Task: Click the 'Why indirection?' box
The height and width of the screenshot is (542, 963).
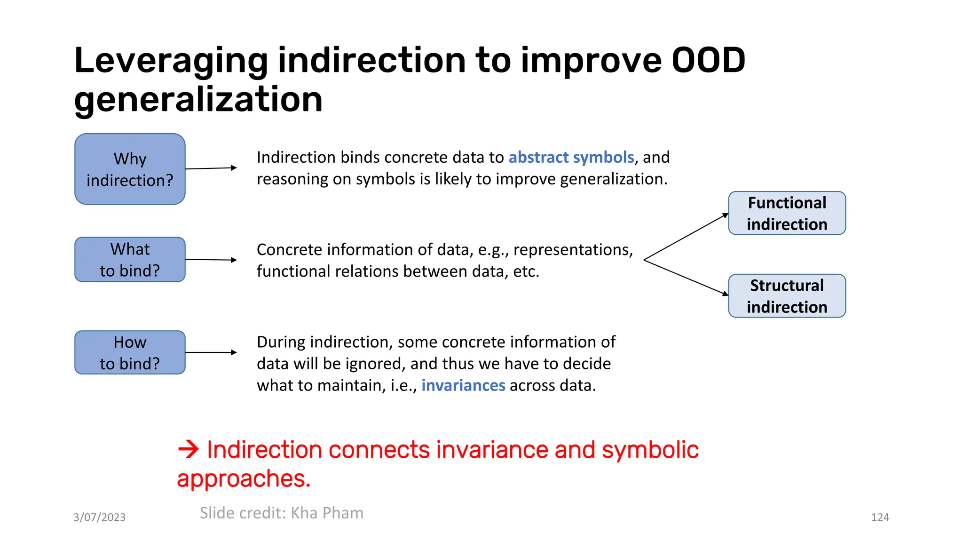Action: (x=130, y=169)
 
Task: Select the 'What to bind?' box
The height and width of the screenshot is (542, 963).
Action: (x=130, y=259)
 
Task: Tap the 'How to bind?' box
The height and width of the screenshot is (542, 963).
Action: (x=130, y=352)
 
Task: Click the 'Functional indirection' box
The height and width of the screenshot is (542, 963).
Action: (x=787, y=213)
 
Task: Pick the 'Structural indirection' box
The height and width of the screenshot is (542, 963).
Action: (x=787, y=296)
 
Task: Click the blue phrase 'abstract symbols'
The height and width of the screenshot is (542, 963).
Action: (x=571, y=157)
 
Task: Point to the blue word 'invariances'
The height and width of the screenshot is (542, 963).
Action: (x=463, y=385)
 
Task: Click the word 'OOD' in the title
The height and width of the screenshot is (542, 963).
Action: (x=708, y=60)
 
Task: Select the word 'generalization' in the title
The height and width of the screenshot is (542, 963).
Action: (x=198, y=99)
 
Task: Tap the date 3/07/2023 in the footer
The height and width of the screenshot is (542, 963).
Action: (x=99, y=517)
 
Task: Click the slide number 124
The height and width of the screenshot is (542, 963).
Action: (x=880, y=517)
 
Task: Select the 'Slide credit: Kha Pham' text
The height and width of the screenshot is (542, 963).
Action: (x=281, y=513)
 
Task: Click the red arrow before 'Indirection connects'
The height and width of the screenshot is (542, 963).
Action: (x=189, y=449)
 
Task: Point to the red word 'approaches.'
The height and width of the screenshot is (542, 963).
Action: (x=244, y=478)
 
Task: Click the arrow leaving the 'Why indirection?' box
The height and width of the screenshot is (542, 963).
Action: (x=211, y=168)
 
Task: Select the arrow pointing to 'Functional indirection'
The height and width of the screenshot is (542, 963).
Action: (x=686, y=237)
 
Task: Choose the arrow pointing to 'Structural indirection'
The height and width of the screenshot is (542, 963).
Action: (x=686, y=278)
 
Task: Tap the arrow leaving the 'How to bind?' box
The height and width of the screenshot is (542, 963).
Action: (x=211, y=352)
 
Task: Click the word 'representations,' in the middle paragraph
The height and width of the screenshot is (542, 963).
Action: (x=573, y=250)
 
